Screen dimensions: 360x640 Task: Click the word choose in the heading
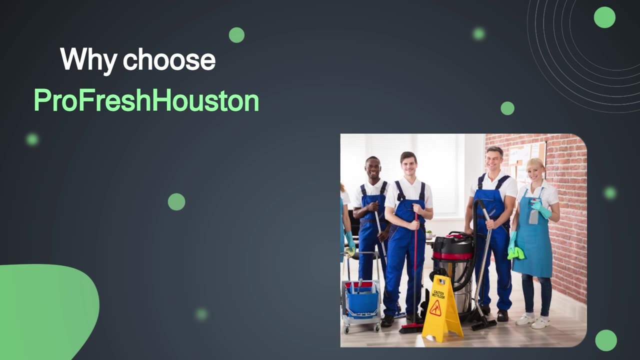coord(169,59)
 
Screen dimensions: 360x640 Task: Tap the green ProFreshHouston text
coord(146,100)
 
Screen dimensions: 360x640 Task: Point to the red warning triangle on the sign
coord(435,308)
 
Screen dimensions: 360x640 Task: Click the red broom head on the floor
coord(411,328)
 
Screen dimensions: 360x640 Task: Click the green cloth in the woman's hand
coord(516,253)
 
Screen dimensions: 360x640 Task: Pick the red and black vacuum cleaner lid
coord(452,244)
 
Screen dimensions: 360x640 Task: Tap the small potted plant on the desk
coord(429,234)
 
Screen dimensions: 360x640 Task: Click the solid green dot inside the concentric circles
coord(604,17)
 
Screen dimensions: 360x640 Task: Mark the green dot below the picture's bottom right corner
coord(606,340)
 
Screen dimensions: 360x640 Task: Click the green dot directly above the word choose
coord(236,35)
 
